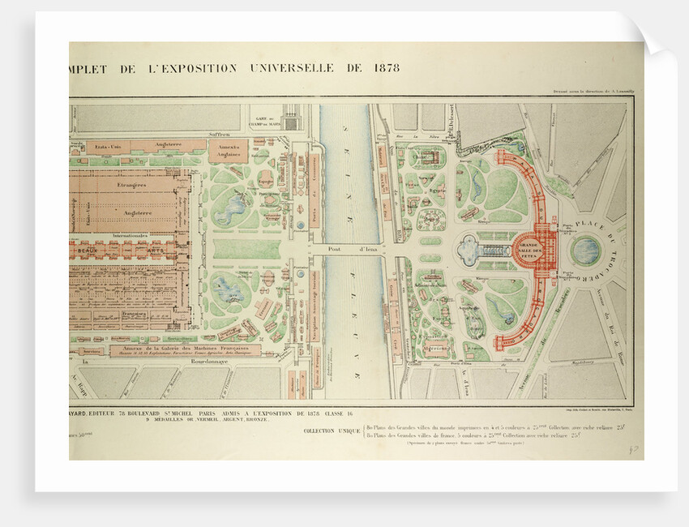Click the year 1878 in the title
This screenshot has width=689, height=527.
point(387,67)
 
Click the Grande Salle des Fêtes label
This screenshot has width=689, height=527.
point(529,247)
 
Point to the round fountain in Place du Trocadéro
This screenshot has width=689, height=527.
point(585,250)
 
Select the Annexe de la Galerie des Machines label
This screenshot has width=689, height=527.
point(174,348)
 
